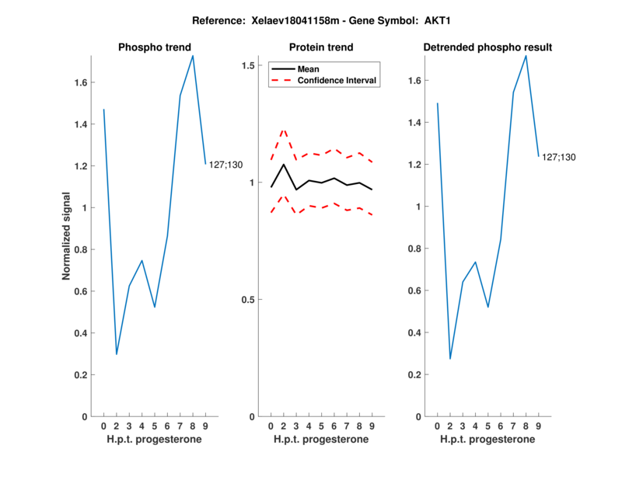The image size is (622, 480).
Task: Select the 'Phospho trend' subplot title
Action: point(154,47)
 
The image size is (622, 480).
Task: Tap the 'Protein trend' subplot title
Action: point(320,47)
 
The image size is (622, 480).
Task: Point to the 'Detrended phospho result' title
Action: point(487,47)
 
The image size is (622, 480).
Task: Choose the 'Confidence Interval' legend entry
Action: point(337,80)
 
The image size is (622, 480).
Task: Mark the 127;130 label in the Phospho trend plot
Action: point(225,164)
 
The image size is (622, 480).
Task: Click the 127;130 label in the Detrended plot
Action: point(559,157)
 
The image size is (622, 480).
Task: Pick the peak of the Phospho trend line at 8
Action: point(193,55)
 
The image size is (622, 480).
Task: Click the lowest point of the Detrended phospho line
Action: point(450,359)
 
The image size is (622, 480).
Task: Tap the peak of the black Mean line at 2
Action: point(284,164)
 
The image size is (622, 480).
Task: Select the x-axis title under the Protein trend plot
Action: point(320,440)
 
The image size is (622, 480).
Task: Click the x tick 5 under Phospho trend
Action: point(155,426)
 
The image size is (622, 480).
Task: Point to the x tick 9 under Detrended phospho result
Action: point(539,426)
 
